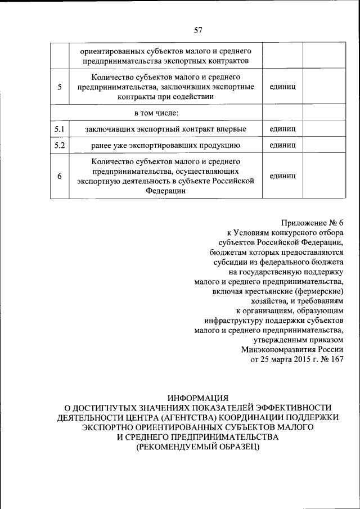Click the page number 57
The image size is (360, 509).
[197, 30]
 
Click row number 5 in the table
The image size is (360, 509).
[60, 87]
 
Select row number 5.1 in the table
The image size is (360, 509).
[60, 129]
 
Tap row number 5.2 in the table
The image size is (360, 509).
[60, 145]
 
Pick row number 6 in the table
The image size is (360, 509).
[60, 176]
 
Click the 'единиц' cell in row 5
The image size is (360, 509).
[283, 87]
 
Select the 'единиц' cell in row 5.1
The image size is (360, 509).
[283, 129]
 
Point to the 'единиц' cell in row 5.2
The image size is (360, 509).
[283, 145]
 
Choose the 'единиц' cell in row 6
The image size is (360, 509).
[283, 176]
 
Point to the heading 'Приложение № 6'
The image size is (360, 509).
[312, 223]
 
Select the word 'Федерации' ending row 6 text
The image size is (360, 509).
[166, 190]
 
